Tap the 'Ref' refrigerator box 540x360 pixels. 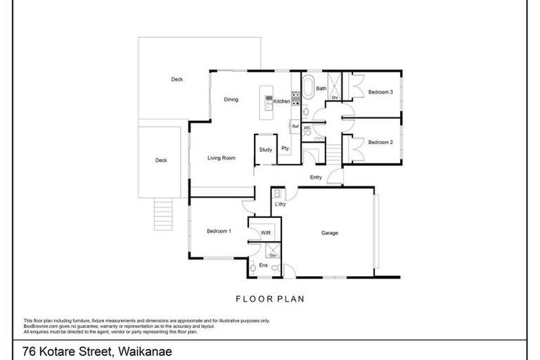point(295,127)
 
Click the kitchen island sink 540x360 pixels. point(269,105)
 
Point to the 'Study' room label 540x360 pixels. point(265,150)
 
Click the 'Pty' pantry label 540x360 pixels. point(285,148)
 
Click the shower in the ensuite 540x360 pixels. point(272,251)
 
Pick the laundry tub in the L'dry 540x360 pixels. point(278,193)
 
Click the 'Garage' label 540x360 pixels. point(330,232)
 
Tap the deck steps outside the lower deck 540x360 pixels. point(162,213)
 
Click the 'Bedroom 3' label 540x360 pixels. point(380,92)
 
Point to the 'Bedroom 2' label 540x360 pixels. point(380,142)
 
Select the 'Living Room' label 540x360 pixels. point(221,158)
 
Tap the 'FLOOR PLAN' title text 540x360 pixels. point(270,298)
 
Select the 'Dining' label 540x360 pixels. point(231,99)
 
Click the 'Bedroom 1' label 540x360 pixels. point(219,231)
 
